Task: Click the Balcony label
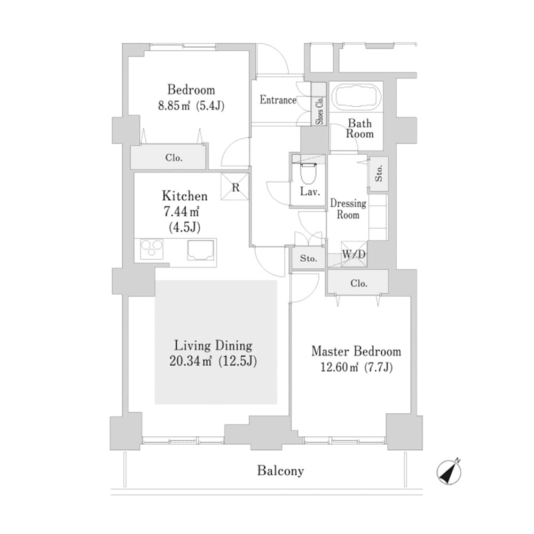[x=280, y=471]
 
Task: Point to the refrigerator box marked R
[x=236, y=186]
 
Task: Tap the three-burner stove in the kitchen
[x=152, y=249]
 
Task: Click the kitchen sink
[x=201, y=249]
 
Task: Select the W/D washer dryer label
[x=354, y=255]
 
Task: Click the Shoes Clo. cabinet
[x=320, y=111]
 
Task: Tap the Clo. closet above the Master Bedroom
[x=358, y=284]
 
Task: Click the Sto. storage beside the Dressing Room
[x=379, y=174]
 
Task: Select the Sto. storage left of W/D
[x=308, y=259]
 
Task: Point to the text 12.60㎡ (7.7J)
[x=357, y=368]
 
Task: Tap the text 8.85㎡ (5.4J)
[x=191, y=106]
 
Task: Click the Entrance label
[x=278, y=100]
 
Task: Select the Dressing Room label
[x=348, y=209]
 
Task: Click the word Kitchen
[x=185, y=196]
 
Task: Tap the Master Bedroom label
[x=356, y=351]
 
